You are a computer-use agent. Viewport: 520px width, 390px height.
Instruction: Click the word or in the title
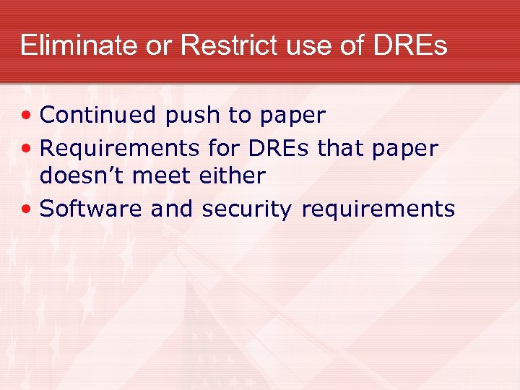click(157, 46)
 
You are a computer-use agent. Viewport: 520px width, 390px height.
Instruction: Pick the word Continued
click(98, 115)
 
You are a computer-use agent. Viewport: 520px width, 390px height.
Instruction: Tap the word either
click(238, 175)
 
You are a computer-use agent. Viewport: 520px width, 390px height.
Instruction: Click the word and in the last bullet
click(172, 209)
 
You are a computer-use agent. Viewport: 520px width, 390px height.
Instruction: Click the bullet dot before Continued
click(27, 116)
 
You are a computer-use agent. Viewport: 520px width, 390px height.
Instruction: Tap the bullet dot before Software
click(27, 209)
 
